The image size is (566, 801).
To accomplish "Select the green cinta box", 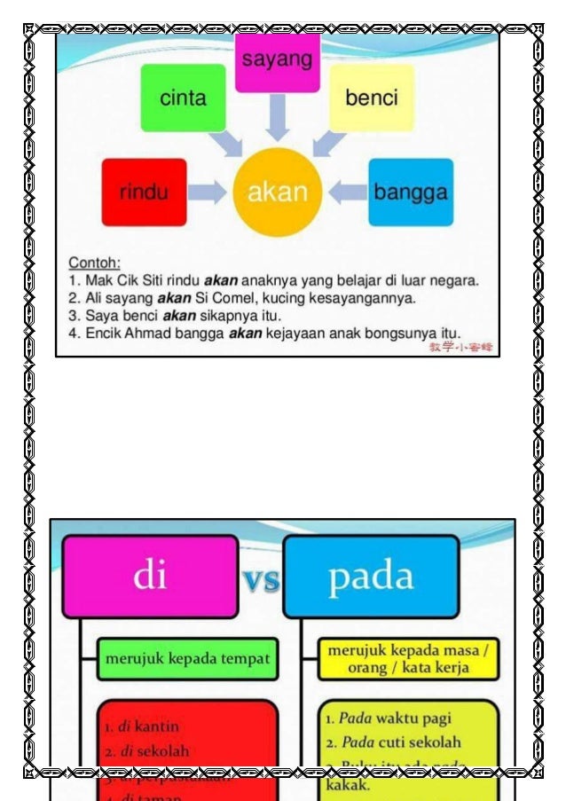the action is tap(184, 98).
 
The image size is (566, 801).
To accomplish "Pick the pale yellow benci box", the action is tap(371, 98).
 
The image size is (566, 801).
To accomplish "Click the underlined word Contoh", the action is tap(94, 263).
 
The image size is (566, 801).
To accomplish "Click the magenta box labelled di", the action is tap(149, 577).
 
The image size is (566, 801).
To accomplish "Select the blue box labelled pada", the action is tap(371, 577).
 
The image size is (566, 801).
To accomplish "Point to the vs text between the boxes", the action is tap(261, 581).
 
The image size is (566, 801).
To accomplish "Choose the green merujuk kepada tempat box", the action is tap(187, 659).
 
